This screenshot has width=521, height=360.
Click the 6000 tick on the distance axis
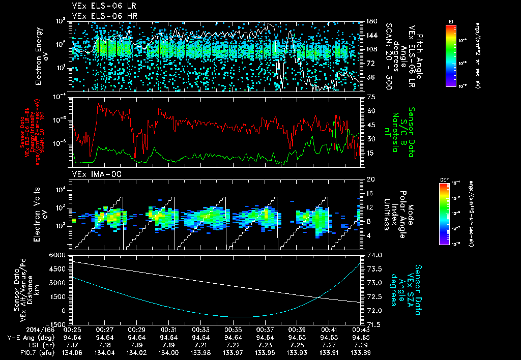coord(61,255)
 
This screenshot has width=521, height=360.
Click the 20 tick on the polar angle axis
coord(370,179)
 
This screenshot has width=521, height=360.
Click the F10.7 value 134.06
coord(74,352)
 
